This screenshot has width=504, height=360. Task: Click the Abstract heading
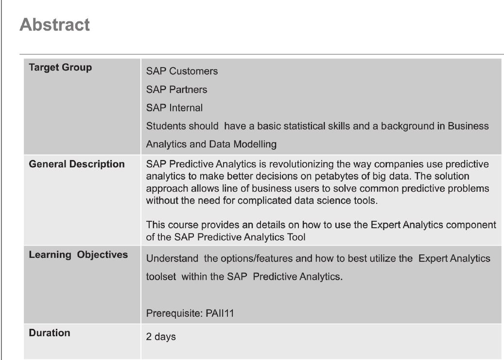pyautogui.click(x=54, y=25)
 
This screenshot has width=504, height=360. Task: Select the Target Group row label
pyautogui.click(x=60, y=68)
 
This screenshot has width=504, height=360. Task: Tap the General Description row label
pyautogui.click(x=77, y=164)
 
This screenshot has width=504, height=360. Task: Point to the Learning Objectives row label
pyautogui.click(x=78, y=255)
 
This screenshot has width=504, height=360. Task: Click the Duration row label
pyautogui.click(x=50, y=333)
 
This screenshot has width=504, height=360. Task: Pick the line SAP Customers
pyautogui.click(x=182, y=71)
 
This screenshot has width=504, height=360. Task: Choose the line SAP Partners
pyautogui.click(x=177, y=90)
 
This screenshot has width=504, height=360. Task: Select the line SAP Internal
pyautogui.click(x=174, y=108)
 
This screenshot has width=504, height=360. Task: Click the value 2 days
pyautogui.click(x=161, y=337)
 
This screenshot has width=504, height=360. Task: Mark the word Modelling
pyautogui.click(x=255, y=144)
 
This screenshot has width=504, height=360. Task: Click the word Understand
pyautogui.click(x=172, y=259)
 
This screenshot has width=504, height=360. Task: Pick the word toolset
pyautogui.click(x=161, y=277)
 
